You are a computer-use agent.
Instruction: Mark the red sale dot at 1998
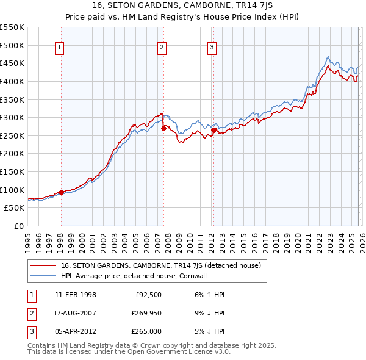click(61, 193)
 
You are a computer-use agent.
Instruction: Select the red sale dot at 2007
click(163, 128)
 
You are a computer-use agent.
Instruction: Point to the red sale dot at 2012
click(213, 130)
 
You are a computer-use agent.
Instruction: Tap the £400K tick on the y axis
click(12, 81)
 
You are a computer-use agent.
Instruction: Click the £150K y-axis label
click(12, 171)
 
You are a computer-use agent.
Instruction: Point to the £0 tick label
click(18, 226)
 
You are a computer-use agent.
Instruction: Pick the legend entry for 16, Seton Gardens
click(161, 265)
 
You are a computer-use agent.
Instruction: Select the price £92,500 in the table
click(148, 295)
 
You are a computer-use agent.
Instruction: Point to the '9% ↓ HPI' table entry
click(208, 313)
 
